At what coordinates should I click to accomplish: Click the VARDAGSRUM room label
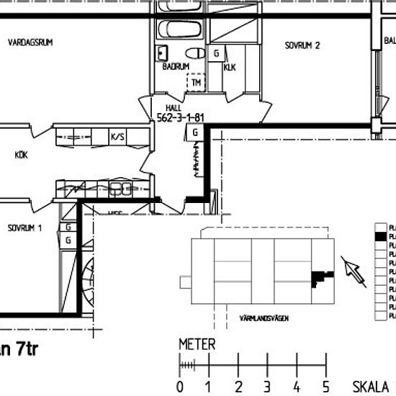pos(30,43)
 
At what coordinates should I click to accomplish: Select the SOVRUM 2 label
pos(302,45)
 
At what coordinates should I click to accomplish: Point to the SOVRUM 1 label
pos(25,228)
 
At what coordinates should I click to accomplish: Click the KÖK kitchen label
pos(21,153)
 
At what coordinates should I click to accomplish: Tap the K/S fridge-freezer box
pos(117,135)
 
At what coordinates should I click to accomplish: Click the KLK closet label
pos(230,68)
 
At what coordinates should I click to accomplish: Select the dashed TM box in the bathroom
pos(195,83)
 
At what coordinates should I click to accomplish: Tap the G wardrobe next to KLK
pos(216,54)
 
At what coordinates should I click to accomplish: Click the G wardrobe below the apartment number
pos(194,132)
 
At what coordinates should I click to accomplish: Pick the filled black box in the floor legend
pos(377,235)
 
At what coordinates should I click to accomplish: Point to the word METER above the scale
pos(197,345)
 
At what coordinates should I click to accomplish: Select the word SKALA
pos(371,386)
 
